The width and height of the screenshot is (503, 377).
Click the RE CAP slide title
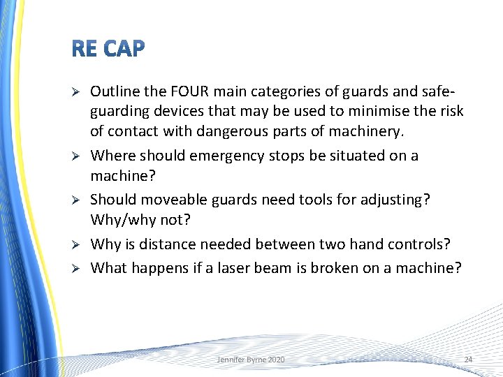pyautogui.click(x=108, y=49)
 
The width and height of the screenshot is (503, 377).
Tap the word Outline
pyautogui.click(x=113, y=91)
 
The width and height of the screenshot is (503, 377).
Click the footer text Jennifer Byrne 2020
pyautogui.click(x=251, y=359)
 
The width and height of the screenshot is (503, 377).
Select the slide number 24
pyautogui.click(x=468, y=359)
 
